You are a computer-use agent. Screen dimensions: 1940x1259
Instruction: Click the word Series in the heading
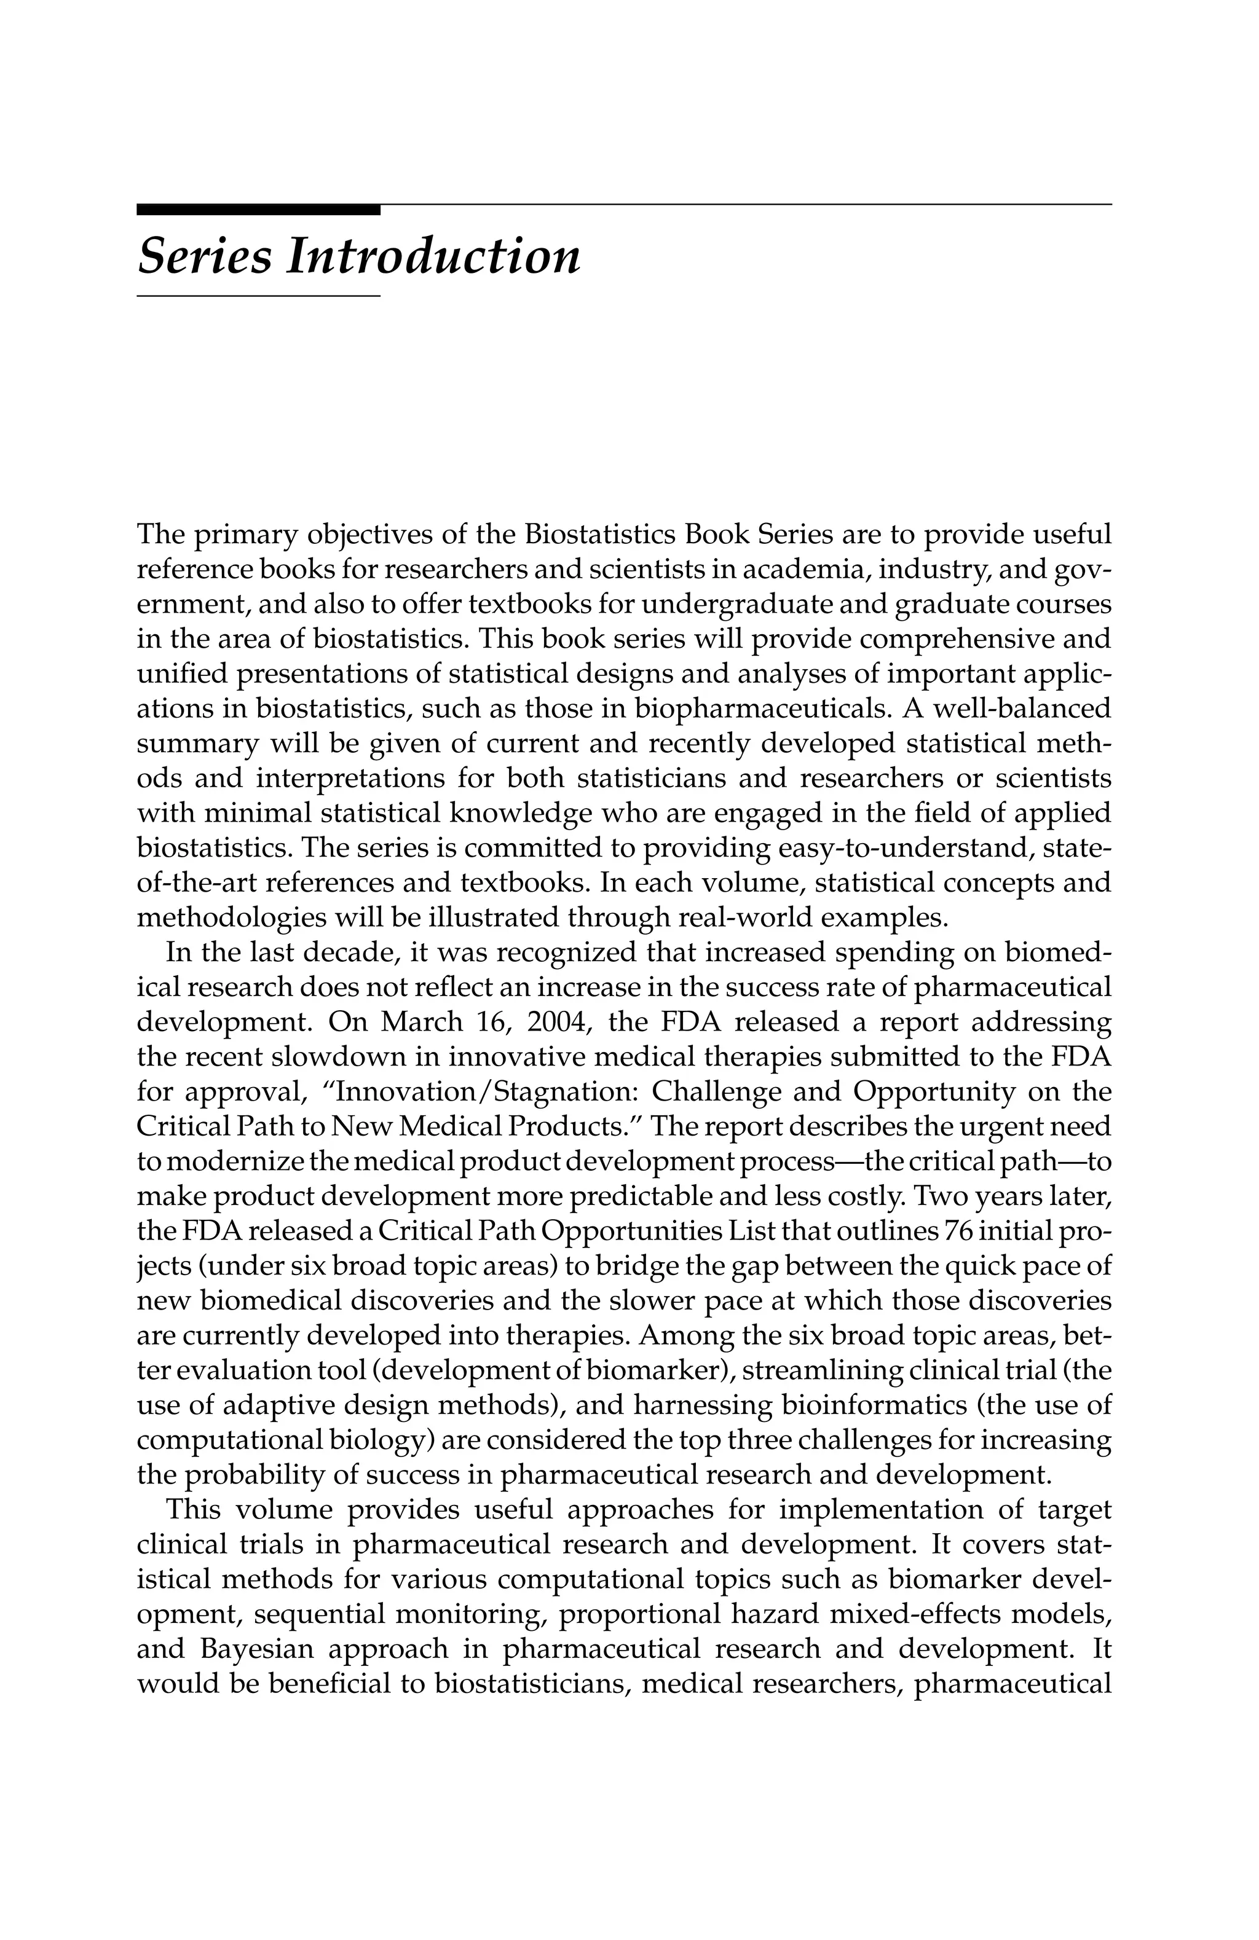205,257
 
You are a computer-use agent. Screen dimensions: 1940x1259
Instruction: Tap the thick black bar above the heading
258,210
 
